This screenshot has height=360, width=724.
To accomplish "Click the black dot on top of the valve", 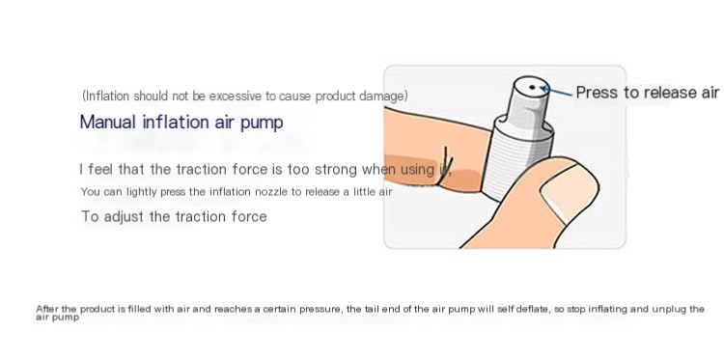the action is pyautogui.click(x=532, y=87).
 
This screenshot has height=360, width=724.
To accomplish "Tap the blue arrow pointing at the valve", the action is pyautogui.click(x=556, y=91).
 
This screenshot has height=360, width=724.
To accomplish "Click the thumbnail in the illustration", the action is pyautogui.click(x=570, y=194).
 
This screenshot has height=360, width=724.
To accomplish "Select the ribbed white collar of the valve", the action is pyautogui.click(x=516, y=157).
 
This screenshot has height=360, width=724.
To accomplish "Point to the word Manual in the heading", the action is pyautogui.click(x=108, y=123).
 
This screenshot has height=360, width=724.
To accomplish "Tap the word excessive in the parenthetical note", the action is pyautogui.click(x=236, y=96).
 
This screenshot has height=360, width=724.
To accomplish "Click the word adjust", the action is pyautogui.click(x=124, y=216).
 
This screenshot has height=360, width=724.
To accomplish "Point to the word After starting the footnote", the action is pyautogui.click(x=47, y=309).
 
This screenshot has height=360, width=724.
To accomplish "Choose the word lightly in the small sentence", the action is pyautogui.click(x=142, y=191).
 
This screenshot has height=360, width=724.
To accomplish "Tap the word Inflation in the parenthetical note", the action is pyautogui.click(x=107, y=96).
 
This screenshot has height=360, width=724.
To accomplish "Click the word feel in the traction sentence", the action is pyautogui.click(x=100, y=170).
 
